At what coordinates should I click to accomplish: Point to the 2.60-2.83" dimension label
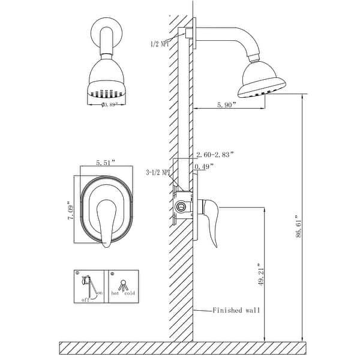[215, 154]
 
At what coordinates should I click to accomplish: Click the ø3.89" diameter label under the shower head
[108, 104]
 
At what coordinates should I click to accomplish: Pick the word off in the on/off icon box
[85, 299]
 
